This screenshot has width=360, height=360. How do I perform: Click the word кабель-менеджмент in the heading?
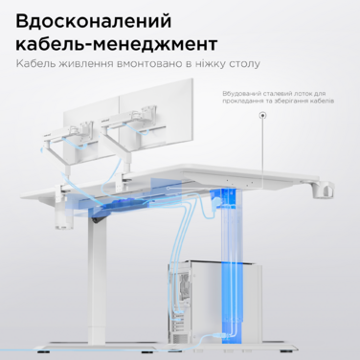pos(116,44)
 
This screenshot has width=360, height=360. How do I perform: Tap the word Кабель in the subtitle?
pos(35,65)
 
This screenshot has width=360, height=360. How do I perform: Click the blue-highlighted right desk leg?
pos(227,268)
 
